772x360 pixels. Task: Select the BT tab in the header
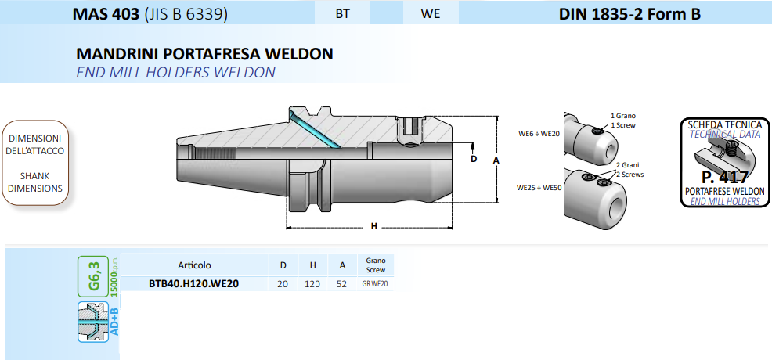tap(342, 13)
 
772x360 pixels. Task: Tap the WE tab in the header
tap(430, 13)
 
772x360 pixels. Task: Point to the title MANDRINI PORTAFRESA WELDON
tap(205, 55)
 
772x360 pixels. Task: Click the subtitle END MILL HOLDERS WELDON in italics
tap(175, 73)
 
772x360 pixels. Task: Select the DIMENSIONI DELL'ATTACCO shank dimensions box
tap(36, 163)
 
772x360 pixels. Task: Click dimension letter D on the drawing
tap(473, 159)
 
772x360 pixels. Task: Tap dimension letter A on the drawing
tap(496, 160)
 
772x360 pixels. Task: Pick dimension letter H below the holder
tap(374, 227)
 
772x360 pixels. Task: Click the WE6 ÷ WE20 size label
tap(539, 134)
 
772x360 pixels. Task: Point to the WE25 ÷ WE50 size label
tap(539, 188)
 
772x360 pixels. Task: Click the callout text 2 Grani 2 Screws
tap(629, 170)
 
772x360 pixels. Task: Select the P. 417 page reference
tap(724, 177)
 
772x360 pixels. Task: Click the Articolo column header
tap(194, 265)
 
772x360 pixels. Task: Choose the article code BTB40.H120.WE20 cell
tap(194, 283)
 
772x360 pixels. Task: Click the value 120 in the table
tap(312, 283)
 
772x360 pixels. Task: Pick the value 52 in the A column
tap(341, 283)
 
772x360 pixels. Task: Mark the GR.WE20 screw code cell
tap(375, 283)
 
